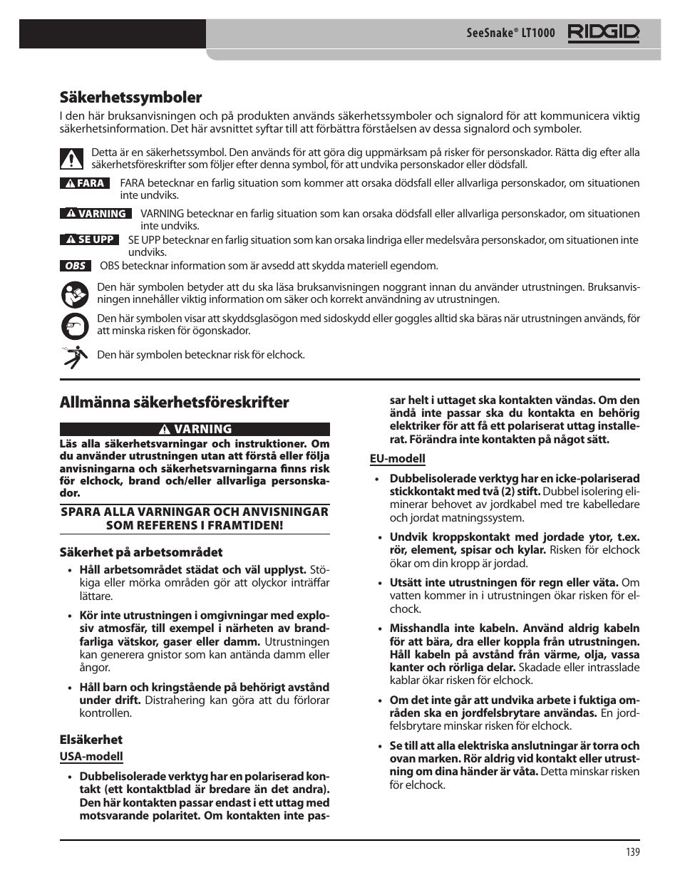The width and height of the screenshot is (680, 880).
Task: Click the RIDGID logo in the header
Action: coord(604,33)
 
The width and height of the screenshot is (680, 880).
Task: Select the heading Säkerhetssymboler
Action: coord(130,97)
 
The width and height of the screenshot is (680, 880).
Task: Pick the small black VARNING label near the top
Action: coord(95,214)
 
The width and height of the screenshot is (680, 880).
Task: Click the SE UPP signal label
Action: coord(89,239)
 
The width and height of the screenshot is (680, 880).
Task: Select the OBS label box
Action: coord(75,266)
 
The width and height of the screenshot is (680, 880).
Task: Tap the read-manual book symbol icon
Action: coord(75,294)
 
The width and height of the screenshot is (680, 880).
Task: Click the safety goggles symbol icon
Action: coord(75,325)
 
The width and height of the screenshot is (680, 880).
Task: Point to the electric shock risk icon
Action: coord(74,355)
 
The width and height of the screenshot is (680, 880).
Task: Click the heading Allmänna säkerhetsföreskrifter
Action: coord(174,402)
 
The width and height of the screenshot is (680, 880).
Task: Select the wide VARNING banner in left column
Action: coord(195,429)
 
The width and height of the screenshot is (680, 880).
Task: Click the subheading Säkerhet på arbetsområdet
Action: coord(140,552)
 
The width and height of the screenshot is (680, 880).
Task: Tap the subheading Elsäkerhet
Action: coord(91,739)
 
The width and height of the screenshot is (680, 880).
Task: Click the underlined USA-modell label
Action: coord(91,756)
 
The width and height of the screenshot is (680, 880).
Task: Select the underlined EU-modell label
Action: coord(397,458)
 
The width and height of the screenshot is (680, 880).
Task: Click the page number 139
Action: coord(633,852)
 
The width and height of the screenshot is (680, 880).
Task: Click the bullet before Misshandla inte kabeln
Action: coord(378,628)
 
